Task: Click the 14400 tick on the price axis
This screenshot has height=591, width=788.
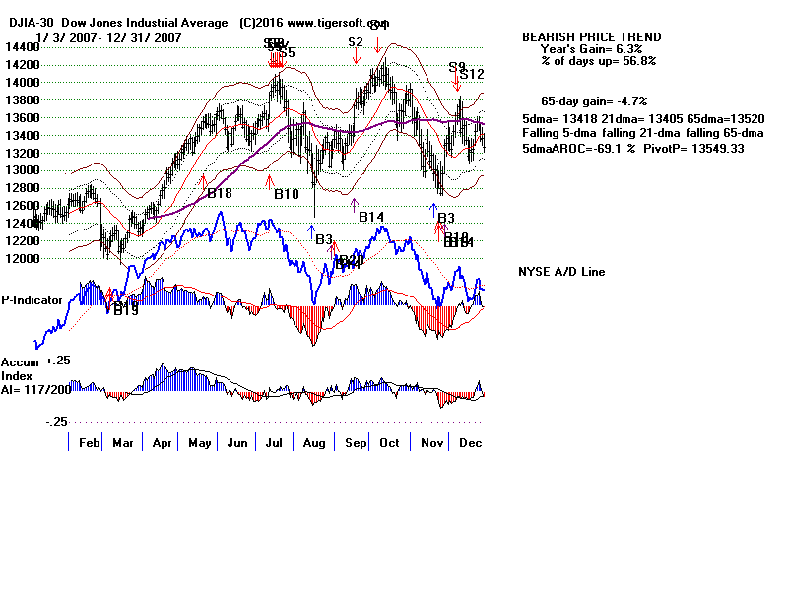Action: click(x=17, y=46)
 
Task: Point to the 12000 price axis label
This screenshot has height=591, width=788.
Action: click(x=17, y=259)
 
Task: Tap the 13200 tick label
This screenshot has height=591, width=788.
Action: click(x=17, y=153)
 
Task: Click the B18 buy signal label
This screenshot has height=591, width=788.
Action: click(x=220, y=194)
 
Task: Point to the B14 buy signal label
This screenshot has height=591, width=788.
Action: click(x=371, y=217)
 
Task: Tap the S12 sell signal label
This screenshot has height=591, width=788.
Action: click(x=472, y=74)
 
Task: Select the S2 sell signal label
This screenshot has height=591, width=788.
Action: click(x=356, y=42)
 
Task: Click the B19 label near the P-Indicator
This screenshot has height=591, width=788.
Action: click(x=126, y=310)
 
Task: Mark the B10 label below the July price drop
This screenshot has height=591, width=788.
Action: click(x=286, y=195)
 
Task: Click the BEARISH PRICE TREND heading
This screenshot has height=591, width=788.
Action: click(x=591, y=37)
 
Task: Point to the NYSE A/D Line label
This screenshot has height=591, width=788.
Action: click(x=561, y=272)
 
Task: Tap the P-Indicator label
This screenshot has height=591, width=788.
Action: click(x=32, y=300)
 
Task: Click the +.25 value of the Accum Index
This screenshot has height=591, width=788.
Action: click(x=55, y=361)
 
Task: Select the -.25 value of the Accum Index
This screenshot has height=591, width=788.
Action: click(x=55, y=421)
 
